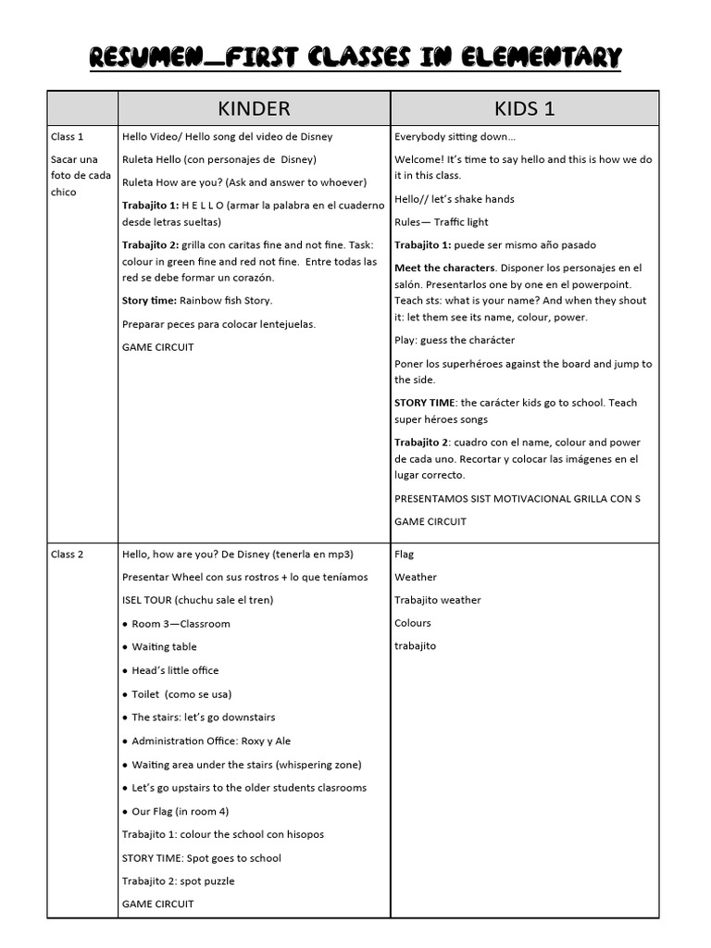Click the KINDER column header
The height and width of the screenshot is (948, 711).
[x=254, y=108]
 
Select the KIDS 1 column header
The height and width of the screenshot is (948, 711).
[x=524, y=108]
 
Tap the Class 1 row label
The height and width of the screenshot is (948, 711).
[x=67, y=137]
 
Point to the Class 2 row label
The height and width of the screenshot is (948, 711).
[x=67, y=555]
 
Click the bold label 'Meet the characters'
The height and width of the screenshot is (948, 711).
[x=444, y=268]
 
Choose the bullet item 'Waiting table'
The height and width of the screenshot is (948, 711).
[x=164, y=647]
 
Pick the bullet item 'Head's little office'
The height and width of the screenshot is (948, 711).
[x=175, y=670]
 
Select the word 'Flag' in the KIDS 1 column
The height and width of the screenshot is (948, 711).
[x=404, y=555]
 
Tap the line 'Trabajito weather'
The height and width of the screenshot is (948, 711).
[x=437, y=600]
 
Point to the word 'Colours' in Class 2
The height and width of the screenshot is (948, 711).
[x=412, y=623]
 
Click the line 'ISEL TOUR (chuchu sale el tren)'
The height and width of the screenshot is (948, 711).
[x=197, y=600]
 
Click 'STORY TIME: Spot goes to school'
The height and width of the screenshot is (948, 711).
[x=201, y=858]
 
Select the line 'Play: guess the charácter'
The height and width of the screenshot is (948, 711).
[x=454, y=341]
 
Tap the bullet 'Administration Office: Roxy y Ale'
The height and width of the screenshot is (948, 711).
[x=211, y=742]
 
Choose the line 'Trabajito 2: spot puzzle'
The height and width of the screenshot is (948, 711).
[x=178, y=881]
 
